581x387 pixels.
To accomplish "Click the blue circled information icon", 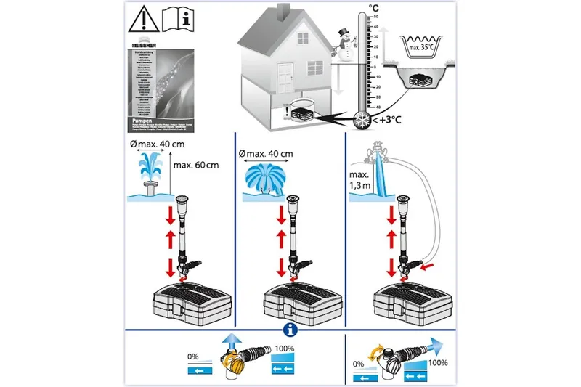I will pos(290,333).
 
